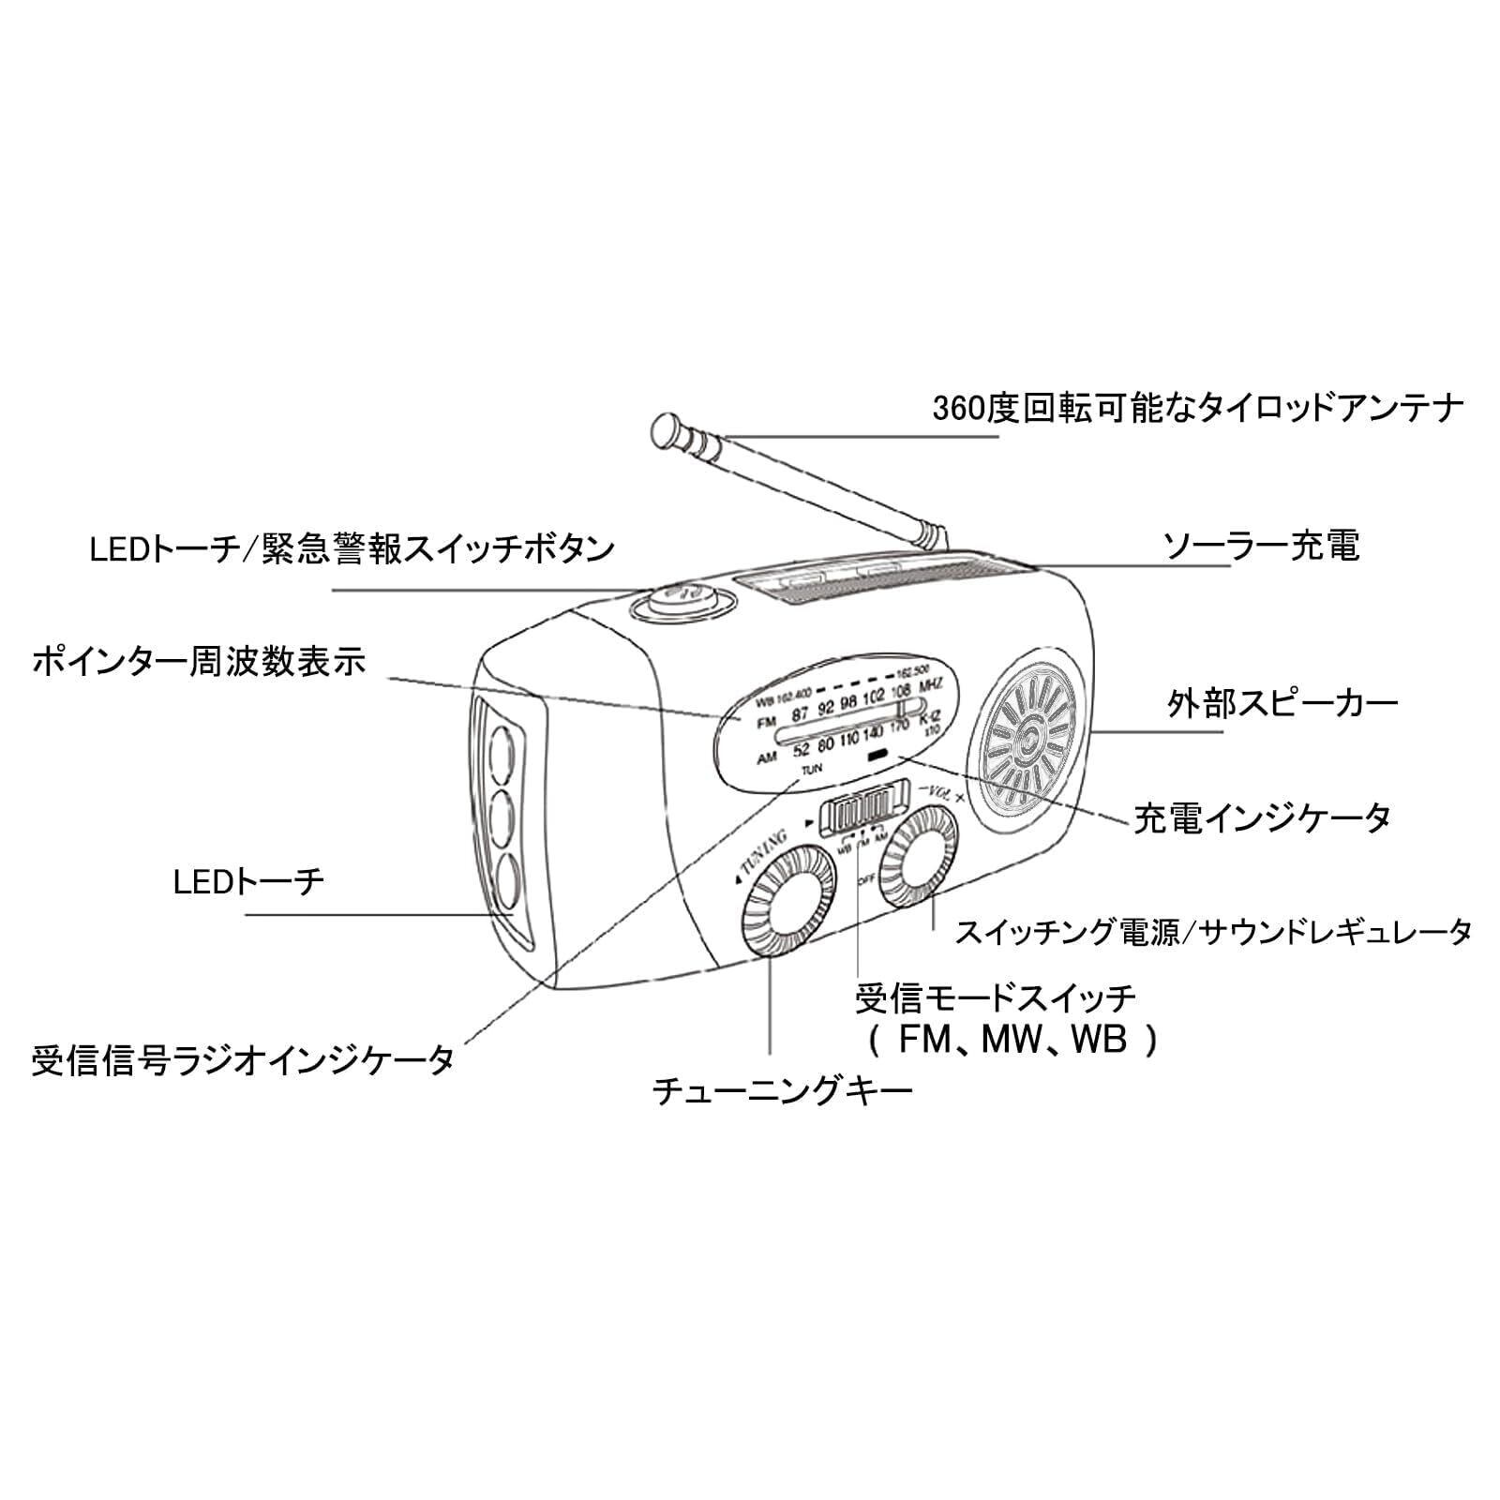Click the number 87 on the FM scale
[799, 714]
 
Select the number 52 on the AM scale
[800, 748]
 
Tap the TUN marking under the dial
[811, 769]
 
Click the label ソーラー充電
[1261, 546]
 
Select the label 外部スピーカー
[1282, 703]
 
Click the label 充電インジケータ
[1262, 817]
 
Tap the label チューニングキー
[782, 1091]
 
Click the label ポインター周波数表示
[199, 662]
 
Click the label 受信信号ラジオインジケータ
[243, 1061]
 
